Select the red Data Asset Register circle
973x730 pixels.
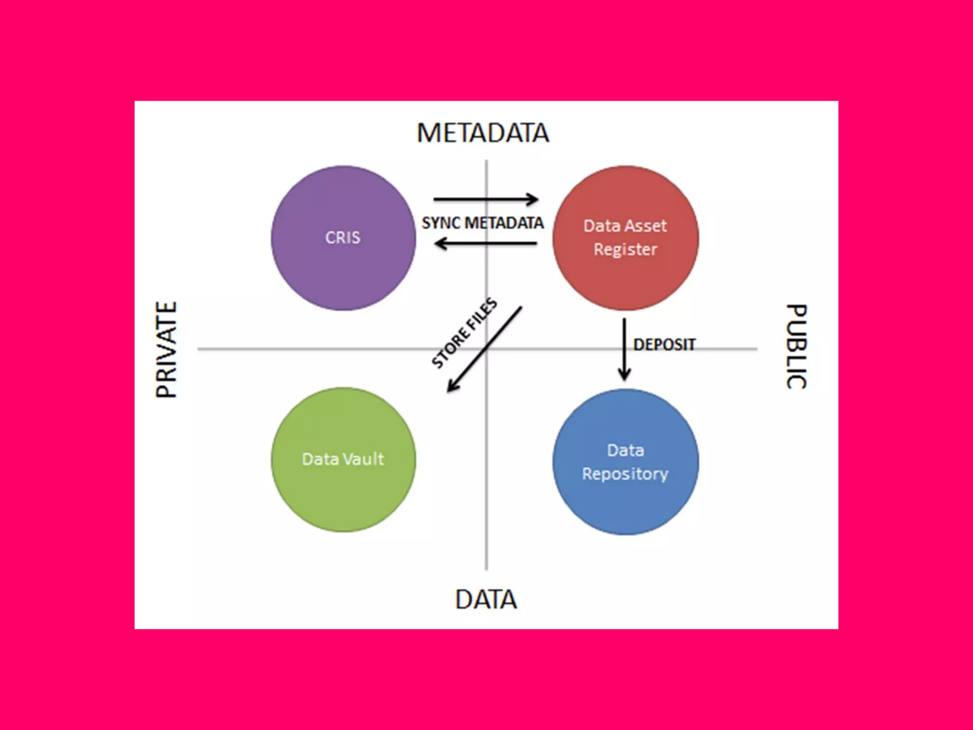[625, 280]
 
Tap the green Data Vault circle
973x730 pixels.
[343, 494]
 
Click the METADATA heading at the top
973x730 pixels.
[483, 133]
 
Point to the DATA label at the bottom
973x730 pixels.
[486, 599]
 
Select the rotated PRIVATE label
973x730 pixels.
[167, 349]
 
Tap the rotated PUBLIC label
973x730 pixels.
[796, 346]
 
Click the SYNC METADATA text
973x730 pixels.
[483, 223]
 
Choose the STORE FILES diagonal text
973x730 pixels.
[464, 333]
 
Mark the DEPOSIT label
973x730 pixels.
[664, 345]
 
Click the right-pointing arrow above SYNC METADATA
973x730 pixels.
[486, 199]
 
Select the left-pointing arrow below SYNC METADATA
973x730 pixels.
[486, 244]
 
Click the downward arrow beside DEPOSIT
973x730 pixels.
[624, 349]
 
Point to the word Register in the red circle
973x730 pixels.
[625, 250]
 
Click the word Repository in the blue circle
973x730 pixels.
[625, 474]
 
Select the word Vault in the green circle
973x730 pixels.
[363, 459]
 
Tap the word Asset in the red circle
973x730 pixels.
[646, 226]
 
